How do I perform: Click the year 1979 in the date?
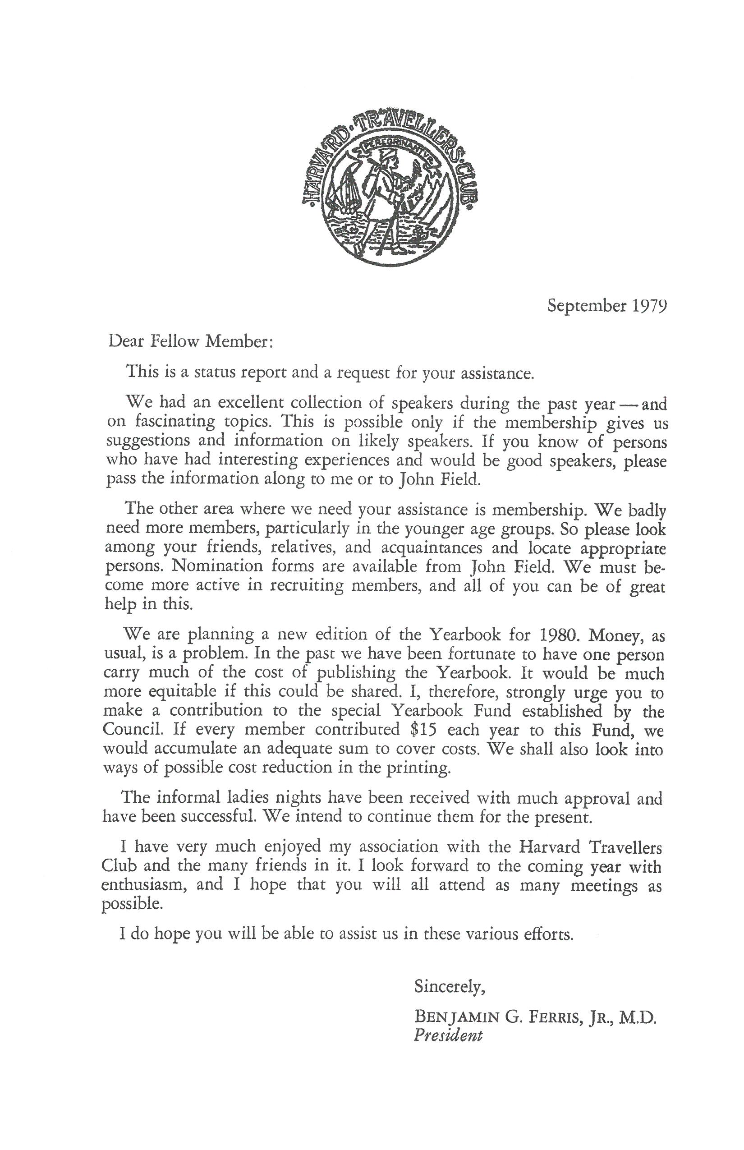coord(650,306)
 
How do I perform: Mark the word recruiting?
coord(306,586)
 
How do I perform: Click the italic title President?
coord(448,1035)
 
